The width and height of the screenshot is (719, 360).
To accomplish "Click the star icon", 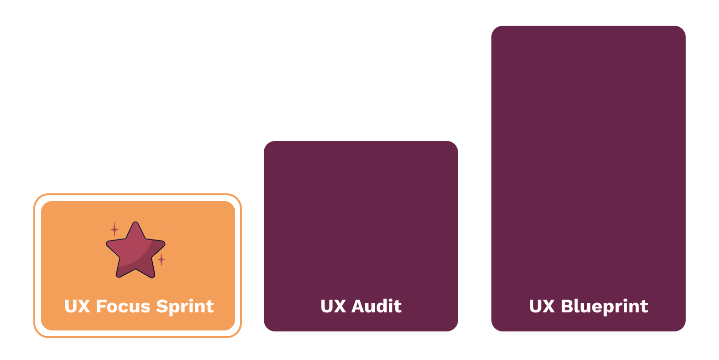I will click(136, 251).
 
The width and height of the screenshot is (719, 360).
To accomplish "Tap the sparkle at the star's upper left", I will click(114, 230).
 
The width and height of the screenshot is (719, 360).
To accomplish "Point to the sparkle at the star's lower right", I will click(161, 260).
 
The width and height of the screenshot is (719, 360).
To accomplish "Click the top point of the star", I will click(136, 224).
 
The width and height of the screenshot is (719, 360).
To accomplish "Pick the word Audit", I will click(376, 306).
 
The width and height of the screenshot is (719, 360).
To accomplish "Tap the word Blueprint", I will click(604, 306).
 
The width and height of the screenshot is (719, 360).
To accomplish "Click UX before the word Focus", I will click(77, 306).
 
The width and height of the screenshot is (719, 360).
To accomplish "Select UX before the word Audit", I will click(333, 306).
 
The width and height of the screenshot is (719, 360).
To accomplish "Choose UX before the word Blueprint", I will click(542, 306).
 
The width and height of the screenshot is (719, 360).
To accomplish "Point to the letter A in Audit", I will click(358, 306).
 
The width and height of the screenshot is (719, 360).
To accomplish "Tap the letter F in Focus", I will click(101, 306).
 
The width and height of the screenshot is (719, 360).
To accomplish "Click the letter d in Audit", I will click(382, 306).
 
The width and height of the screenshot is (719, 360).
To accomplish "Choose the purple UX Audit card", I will click(361, 224).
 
